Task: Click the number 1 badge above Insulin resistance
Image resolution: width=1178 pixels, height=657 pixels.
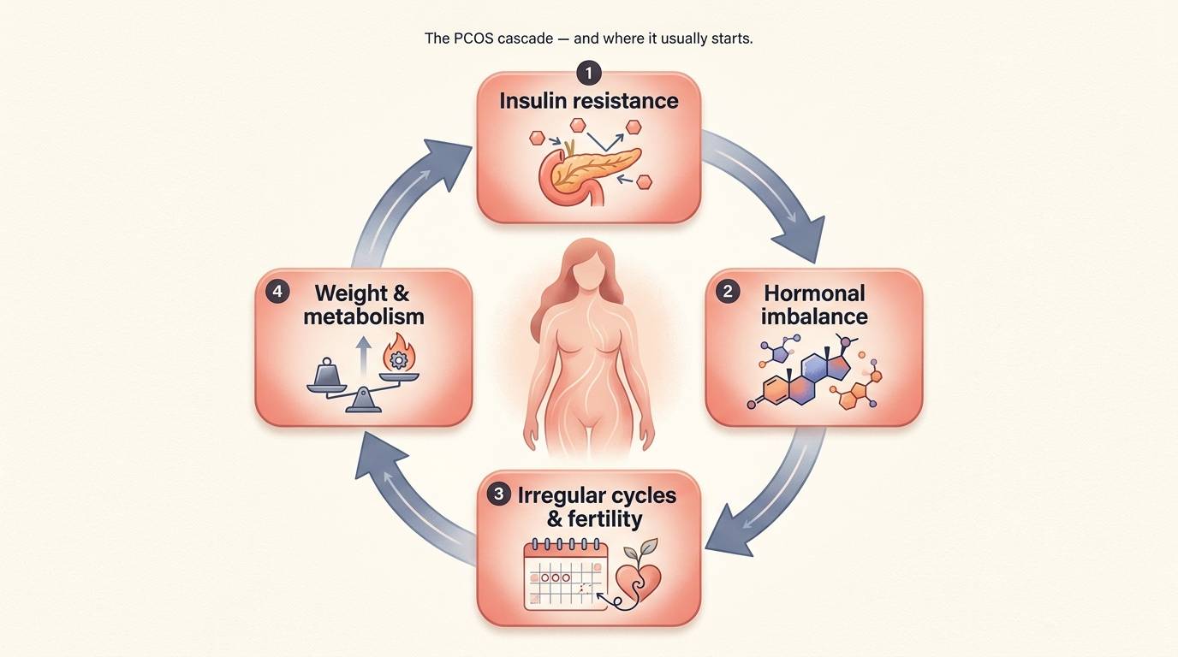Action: [589, 73]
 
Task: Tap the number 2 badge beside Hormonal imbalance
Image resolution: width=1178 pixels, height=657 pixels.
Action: [728, 292]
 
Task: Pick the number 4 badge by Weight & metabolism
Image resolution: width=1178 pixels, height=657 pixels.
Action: [277, 292]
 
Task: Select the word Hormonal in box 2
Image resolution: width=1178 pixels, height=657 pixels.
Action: [814, 293]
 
